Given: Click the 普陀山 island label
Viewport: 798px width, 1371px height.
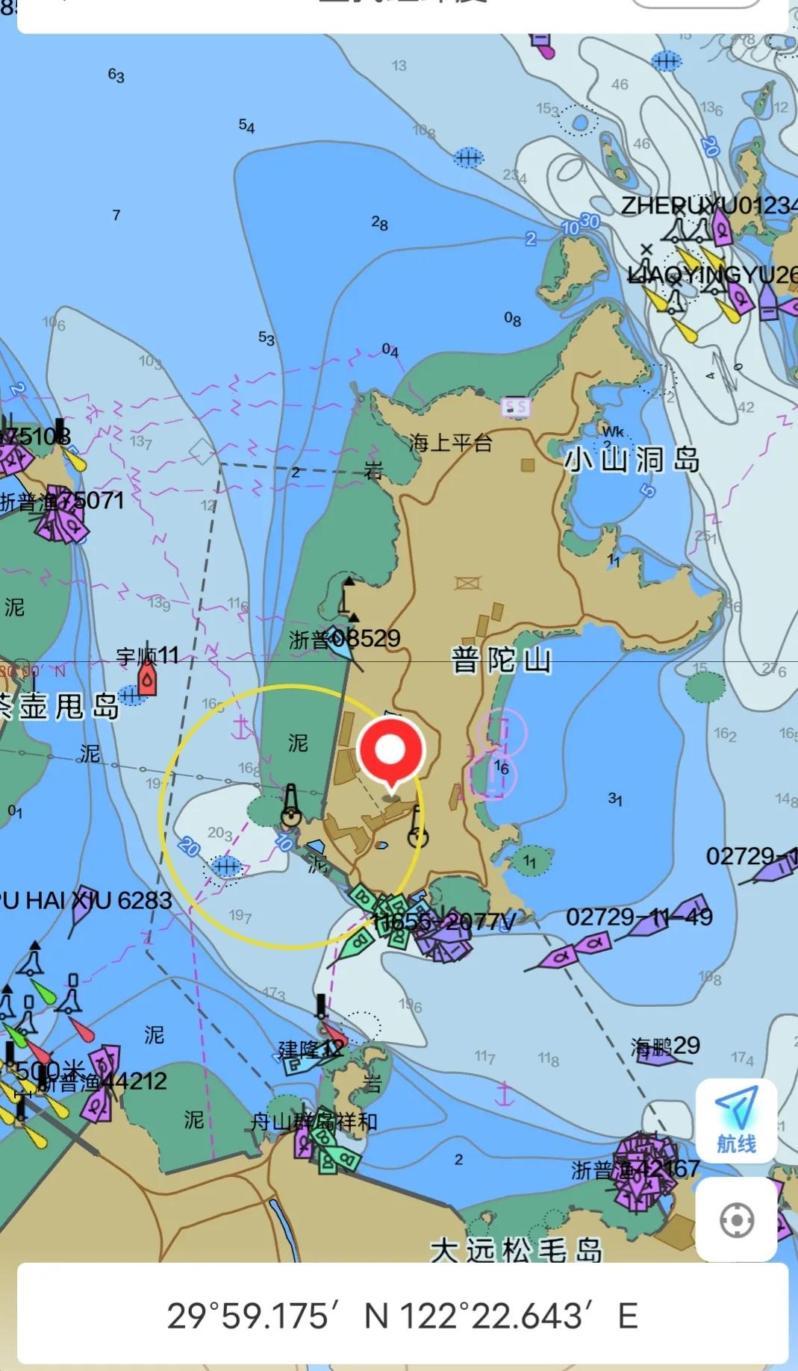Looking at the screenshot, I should (501, 660).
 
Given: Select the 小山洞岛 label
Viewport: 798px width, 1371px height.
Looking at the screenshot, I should (632, 460).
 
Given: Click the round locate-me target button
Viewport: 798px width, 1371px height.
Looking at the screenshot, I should (736, 1220).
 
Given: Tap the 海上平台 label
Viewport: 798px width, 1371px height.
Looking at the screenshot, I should (450, 443).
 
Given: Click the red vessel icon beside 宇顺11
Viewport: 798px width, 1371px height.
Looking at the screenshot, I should (147, 680).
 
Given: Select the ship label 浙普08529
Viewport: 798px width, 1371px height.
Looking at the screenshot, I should (345, 639).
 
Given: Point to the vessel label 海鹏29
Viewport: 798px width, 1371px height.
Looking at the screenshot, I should (665, 1046).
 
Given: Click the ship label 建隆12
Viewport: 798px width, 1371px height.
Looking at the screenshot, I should (312, 1049).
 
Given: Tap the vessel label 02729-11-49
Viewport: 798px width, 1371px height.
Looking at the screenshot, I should (639, 916).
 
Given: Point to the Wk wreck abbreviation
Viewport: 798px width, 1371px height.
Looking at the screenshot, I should (613, 431).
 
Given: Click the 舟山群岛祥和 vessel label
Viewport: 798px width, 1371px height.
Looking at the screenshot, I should (314, 1121).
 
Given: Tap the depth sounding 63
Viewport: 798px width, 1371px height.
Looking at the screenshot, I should (116, 75).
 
